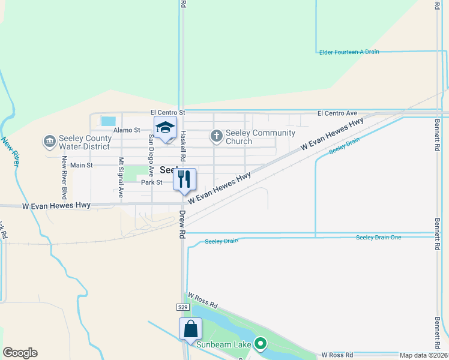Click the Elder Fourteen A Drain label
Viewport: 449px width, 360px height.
pos(349,52)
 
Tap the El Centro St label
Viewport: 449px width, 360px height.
pos(168,112)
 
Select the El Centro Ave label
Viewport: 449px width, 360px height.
pos(337,113)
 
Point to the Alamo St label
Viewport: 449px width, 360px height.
pos(128,130)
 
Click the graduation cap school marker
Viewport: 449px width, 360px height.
pos(165,128)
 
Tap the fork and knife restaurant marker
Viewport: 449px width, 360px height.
pos(184,179)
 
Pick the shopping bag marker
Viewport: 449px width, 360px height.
pos(190,329)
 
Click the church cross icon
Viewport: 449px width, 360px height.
pos(216,136)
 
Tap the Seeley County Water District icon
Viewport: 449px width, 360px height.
pos(49,142)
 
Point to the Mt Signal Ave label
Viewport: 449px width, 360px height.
pos(121,178)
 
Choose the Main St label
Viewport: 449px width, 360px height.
pos(82,165)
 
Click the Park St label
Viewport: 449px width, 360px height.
pos(152,182)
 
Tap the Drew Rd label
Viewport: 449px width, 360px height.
pos(181,224)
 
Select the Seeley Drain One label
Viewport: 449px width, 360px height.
pos(378,238)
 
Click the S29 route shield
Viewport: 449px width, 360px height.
pos(183,307)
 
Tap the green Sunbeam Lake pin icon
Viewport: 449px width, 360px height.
pos(260,344)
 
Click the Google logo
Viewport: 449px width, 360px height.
pos(20,353)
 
